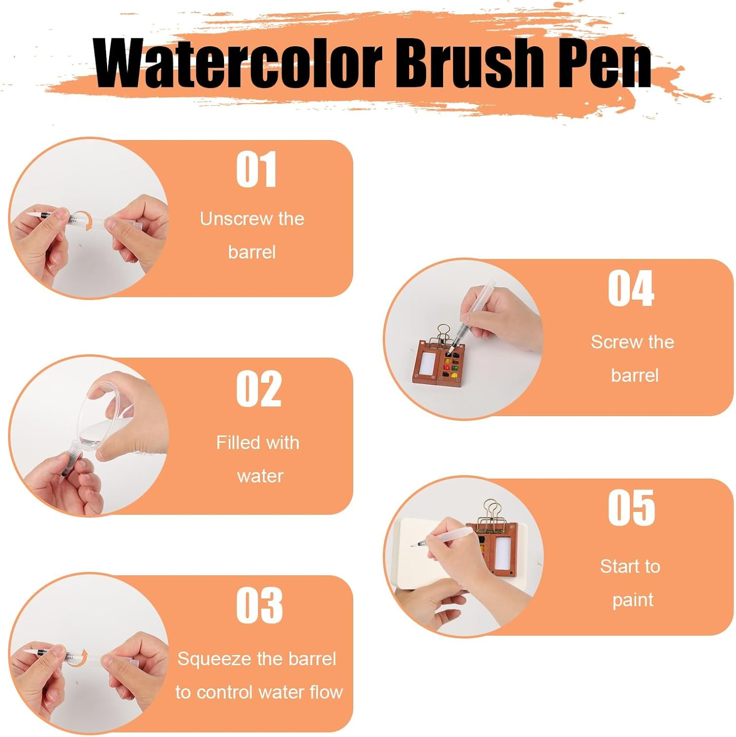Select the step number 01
click(x=256, y=170)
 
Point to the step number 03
click(x=259, y=605)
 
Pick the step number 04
click(x=631, y=288)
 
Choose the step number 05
click(x=631, y=508)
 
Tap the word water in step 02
click(x=260, y=476)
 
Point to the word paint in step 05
click(x=633, y=600)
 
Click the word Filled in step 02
click(x=234, y=443)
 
